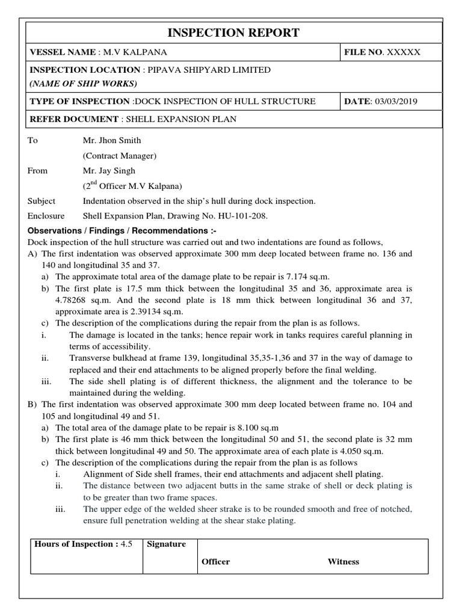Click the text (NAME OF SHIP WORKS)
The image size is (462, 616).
pyautogui.click(x=83, y=83)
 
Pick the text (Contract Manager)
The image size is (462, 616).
pyautogui.click(x=119, y=156)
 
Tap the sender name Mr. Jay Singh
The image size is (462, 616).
pyautogui.click(x=109, y=171)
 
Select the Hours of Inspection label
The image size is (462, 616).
pyautogui.click(x=76, y=544)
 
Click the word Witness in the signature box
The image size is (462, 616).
pyautogui.click(x=343, y=562)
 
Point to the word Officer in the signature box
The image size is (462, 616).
pyautogui.click(x=215, y=562)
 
